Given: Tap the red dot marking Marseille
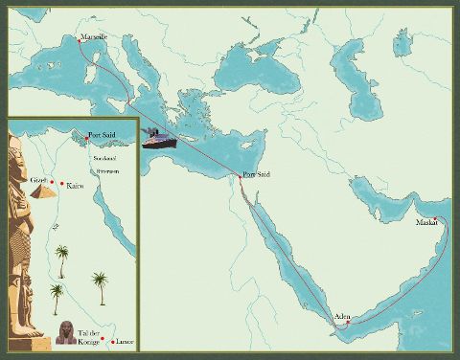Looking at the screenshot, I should click(x=79, y=40).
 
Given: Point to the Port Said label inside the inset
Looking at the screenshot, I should click(x=102, y=135).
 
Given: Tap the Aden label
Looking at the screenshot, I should click(x=342, y=316).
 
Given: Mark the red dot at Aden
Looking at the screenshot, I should click(x=348, y=323).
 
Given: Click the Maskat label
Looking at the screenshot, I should click(x=426, y=223).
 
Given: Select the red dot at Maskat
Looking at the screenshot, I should click(x=436, y=219).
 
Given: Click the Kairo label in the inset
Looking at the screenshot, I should click(x=75, y=185).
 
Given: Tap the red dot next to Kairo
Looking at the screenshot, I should click(x=62, y=183).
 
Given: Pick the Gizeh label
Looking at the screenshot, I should click(x=38, y=179).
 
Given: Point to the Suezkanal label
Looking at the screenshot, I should click(x=103, y=155).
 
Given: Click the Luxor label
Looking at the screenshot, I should click(x=126, y=342).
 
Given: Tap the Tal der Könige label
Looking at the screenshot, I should click(x=92, y=332).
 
